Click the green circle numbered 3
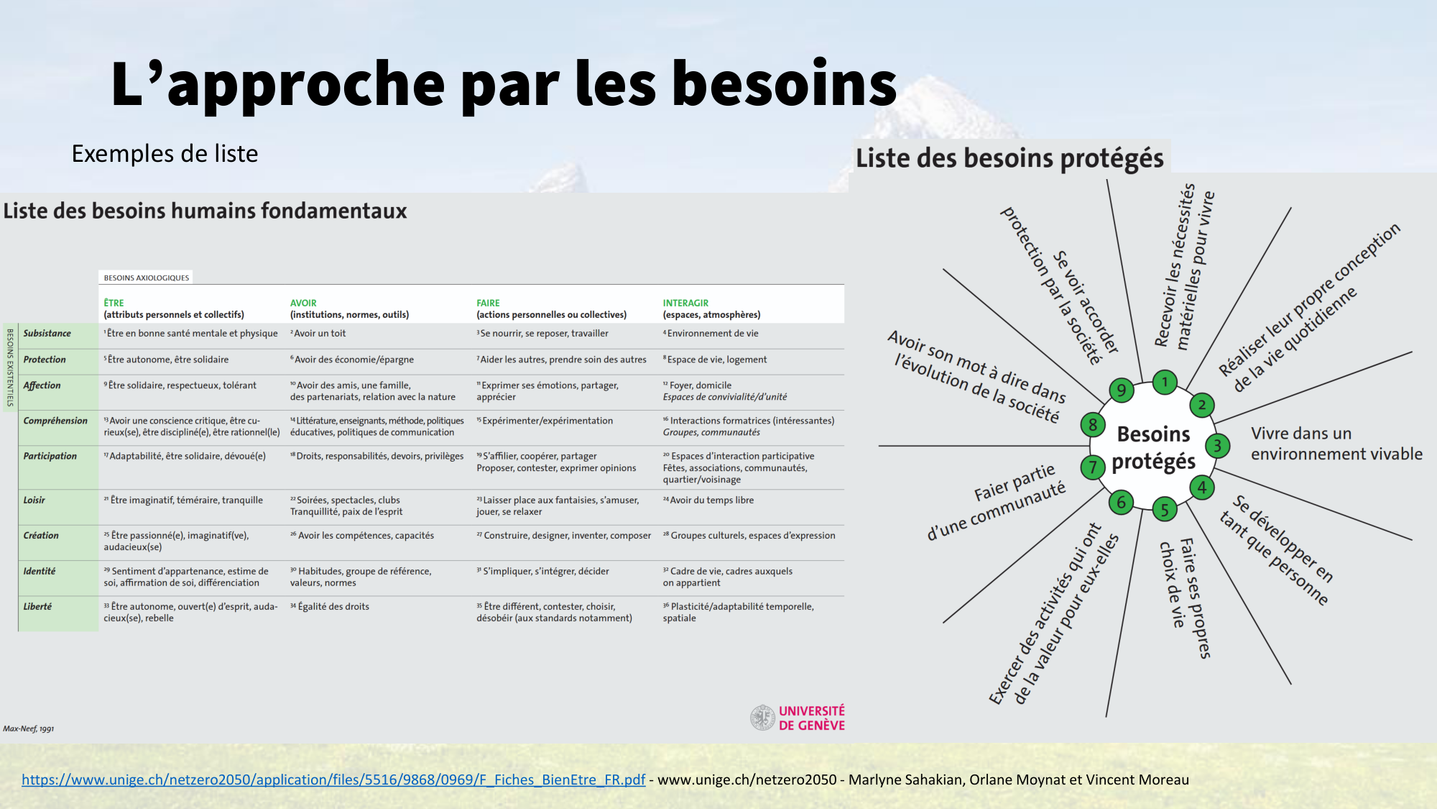click(x=1217, y=446)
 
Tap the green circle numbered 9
click(x=1121, y=390)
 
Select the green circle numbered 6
click(x=1121, y=502)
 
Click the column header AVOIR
click(x=303, y=303)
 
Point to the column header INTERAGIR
click(x=685, y=303)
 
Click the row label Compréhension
click(x=55, y=421)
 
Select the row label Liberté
click(x=37, y=606)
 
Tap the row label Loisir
click(x=34, y=500)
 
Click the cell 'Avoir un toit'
click(x=319, y=333)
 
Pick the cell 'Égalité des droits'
click(x=333, y=606)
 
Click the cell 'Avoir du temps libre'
click(x=711, y=500)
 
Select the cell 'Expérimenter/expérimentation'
click(x=547, y=421)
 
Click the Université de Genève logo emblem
click(x=762, y=718)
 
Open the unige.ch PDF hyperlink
click(x=333, y=780)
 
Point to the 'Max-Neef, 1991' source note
click(x=29, y=728)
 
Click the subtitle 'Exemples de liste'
click(x=165, y=153)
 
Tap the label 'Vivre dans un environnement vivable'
click(x=1336, y=444)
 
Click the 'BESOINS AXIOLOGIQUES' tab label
click(x=147, y=278)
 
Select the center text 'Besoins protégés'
click(x=1153, y=447)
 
